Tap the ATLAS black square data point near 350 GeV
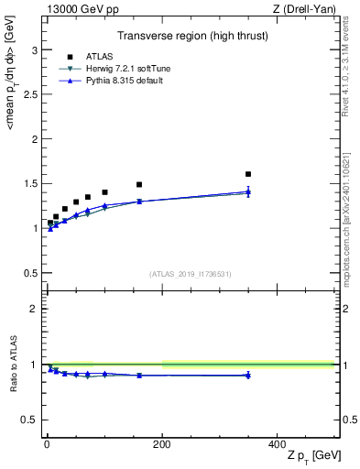[x=248, y=174]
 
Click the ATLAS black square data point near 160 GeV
[x=139, y=184]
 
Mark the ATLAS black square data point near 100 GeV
[x=104, y=192]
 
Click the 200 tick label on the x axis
[x=162, y=444]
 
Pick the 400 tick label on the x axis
[x=277, y=444]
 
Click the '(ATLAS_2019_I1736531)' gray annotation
[x=191, y=274]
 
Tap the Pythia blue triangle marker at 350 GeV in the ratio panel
[x=248, y=375]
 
